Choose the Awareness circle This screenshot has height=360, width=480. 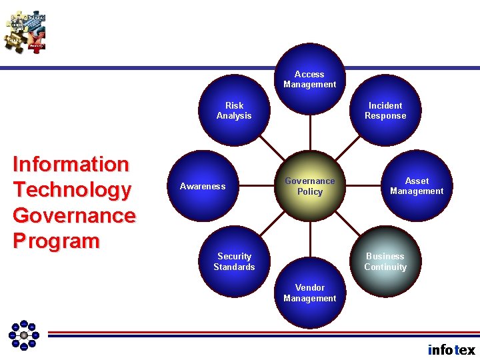point(203,187)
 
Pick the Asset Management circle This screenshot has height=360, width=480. point(417,186)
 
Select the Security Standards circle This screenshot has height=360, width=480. point(234,261)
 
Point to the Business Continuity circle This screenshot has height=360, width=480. point(385,261)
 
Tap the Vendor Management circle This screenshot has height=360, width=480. point(310,293)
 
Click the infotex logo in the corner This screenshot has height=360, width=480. point(451,349)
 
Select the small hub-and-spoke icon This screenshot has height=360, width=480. point(24,335)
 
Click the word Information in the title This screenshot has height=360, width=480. point(71,164)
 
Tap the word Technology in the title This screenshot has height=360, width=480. point(72,190)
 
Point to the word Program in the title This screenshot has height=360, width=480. point(56,241)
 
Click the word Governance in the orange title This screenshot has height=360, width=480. point(74,215)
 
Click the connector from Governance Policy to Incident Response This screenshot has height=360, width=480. point(348,149)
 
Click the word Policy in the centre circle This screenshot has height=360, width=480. point(310,192)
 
